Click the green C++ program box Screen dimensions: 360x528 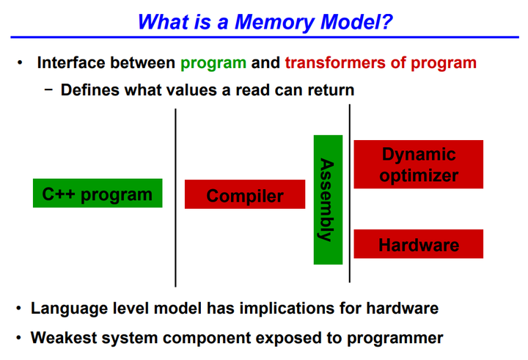98,194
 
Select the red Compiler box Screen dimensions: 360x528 244,196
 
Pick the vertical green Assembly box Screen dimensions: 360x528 327,199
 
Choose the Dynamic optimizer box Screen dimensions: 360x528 418,165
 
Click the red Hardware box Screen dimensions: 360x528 418,245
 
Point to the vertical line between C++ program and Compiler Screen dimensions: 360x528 175,198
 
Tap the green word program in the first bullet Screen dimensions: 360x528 213,63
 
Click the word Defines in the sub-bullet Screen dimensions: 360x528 89,90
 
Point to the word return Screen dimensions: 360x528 329,90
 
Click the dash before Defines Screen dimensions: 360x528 48,90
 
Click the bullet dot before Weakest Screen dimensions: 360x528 20,338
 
